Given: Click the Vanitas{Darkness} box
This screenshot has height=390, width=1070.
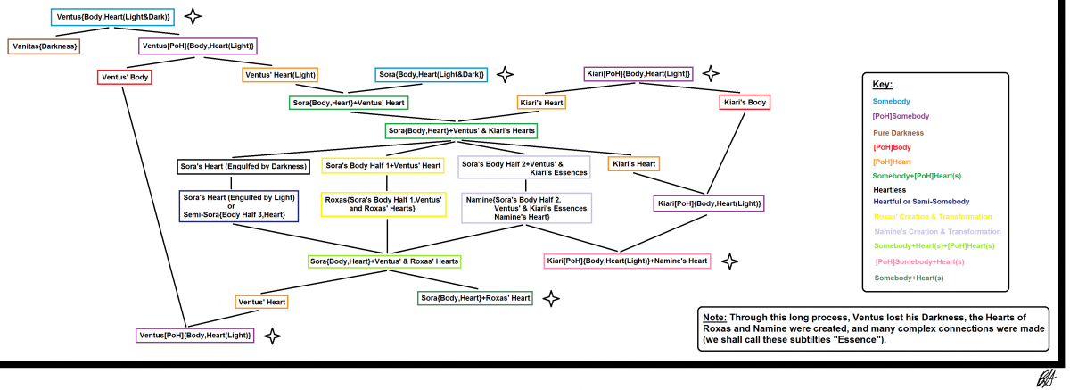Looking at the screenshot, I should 45,46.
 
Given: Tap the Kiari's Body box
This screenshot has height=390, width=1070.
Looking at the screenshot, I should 744,103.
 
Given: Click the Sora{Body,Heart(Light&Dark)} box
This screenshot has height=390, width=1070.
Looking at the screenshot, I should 431,75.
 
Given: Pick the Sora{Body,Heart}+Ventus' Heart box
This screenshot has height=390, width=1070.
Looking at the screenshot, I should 349,103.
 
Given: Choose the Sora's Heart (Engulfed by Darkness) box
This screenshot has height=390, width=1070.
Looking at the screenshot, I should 243,165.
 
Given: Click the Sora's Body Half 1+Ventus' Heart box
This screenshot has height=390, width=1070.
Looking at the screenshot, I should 383,165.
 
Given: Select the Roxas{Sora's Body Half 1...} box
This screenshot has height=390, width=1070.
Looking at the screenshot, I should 383,204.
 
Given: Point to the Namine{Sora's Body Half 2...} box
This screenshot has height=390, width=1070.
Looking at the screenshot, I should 525,208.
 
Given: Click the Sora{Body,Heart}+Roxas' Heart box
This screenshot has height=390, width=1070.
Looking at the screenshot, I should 475,297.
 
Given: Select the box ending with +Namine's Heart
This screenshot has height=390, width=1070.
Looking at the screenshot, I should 627,261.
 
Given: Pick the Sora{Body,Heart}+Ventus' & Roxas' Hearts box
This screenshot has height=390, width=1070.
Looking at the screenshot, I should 384,261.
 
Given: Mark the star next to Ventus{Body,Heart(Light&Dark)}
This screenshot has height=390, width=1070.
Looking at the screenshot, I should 193,16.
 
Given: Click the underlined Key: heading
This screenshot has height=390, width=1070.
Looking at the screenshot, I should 882,85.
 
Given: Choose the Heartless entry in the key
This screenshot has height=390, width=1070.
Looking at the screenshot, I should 890,189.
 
